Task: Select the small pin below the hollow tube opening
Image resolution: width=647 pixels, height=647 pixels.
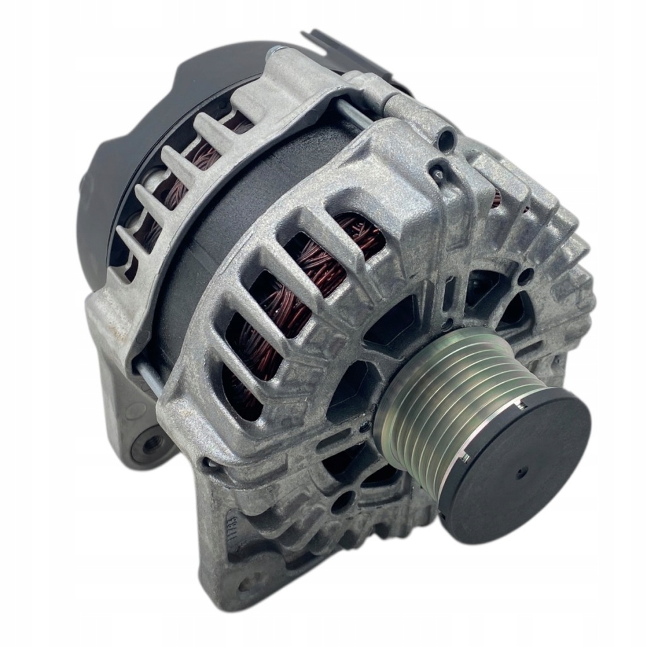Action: (x=435, y=169)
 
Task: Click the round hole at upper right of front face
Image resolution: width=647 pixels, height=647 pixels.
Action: (x=524, y=275)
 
